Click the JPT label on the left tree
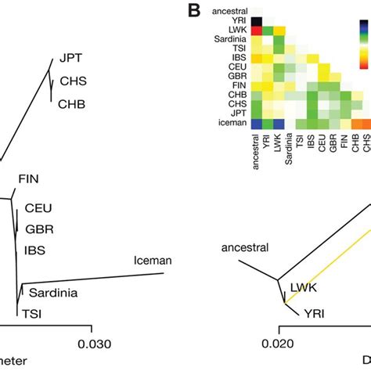click(70, 57)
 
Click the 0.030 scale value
click(92, 343)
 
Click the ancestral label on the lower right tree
click(243, 248)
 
